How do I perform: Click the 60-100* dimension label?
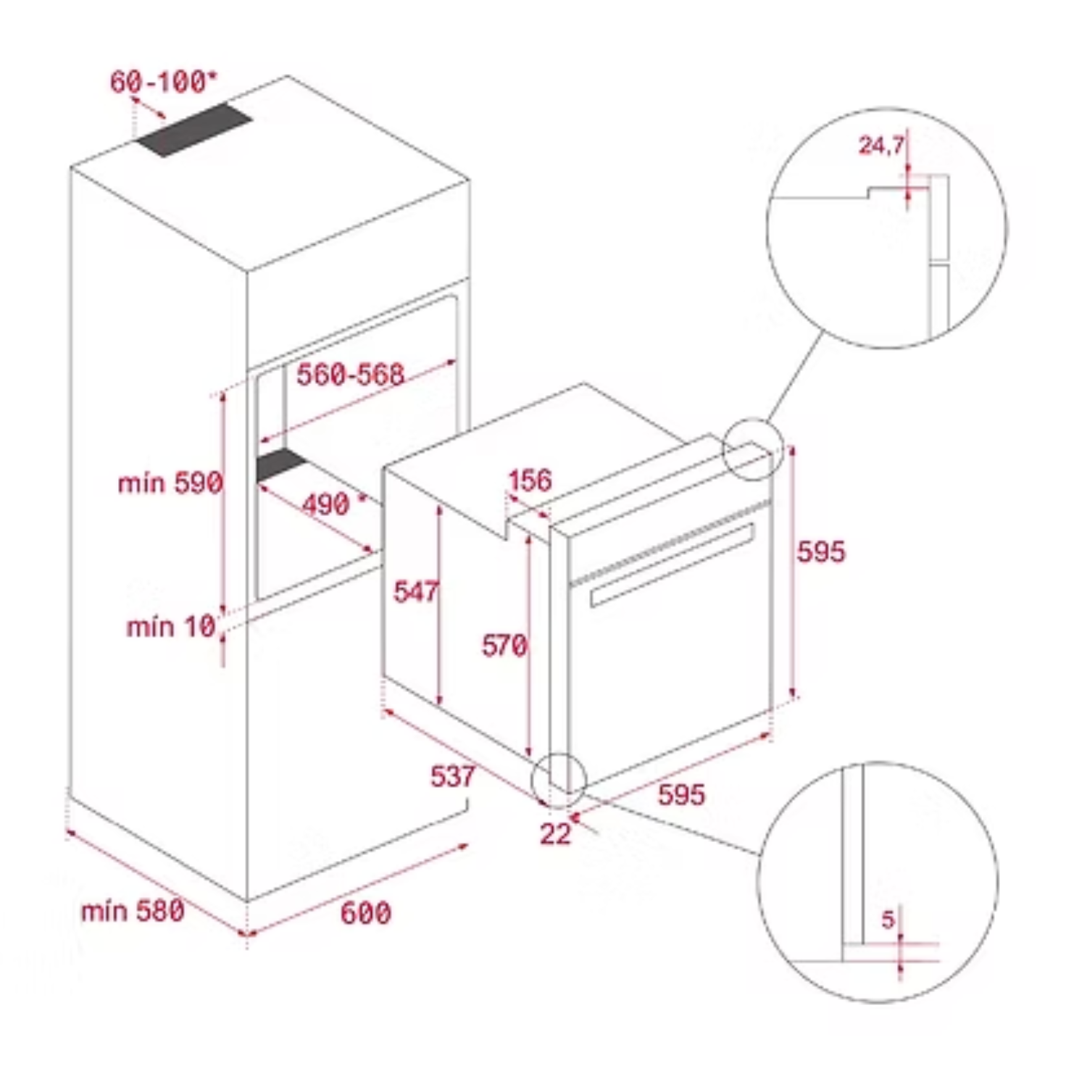pos(163,82)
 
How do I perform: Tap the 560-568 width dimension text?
pos(351,375)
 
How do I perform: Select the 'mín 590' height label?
pos(170,483)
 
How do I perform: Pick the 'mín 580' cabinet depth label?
pos(133,911)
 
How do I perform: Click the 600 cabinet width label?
pos(366,913)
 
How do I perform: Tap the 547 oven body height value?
pos(416,592)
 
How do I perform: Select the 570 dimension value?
pos(504,646)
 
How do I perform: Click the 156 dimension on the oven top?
pos(530,480)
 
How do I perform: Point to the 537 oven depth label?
pos(453,776)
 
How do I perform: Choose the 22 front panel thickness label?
pos(555,834)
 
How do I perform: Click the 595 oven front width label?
pos(681,795)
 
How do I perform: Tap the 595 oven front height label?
pos(821,551)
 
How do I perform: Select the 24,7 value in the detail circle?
pos(881,146)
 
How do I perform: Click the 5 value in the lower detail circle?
pos(888,920)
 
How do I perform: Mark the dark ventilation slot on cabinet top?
pos(194,130)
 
